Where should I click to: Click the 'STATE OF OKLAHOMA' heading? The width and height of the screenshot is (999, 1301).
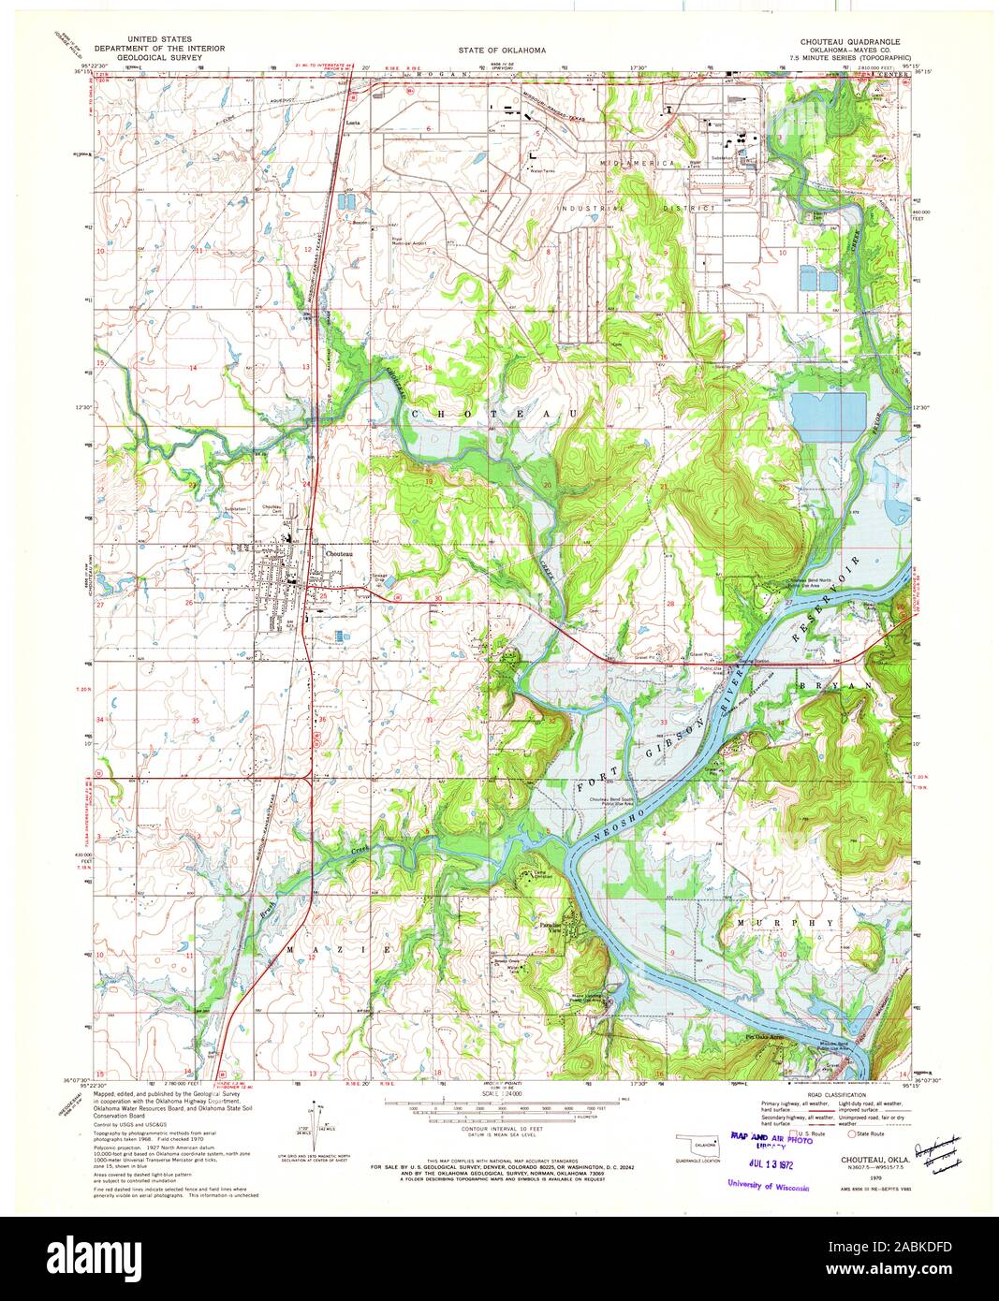[x=502, y=49]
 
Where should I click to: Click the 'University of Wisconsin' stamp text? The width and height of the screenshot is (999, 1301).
[x=768, y=1186]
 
